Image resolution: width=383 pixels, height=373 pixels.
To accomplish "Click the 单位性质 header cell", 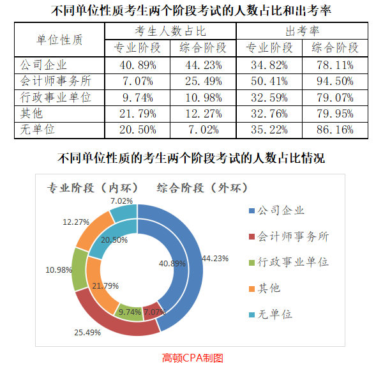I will point(59,39).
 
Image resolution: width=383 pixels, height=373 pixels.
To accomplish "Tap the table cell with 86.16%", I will point(335,130).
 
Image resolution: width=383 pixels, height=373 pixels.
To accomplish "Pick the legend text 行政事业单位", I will point(293,263).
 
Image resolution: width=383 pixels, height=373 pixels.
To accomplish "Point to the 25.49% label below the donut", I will point(88,333).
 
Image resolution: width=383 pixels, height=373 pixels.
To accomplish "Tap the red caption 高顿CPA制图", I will point(192,358).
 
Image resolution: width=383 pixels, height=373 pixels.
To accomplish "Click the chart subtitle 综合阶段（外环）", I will point(202,188).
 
